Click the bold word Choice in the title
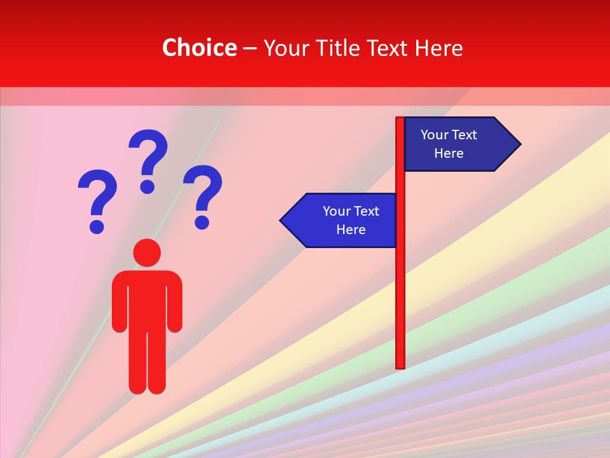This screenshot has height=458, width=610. pos(199,48)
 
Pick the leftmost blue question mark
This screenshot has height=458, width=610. pos(97,197)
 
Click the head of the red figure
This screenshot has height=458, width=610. pos(147,253)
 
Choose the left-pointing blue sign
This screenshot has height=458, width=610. pos(343,221)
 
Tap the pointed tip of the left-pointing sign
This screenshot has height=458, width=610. pos(282,221)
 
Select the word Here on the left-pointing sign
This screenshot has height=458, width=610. pos(351,230)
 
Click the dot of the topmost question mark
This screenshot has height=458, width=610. pos(148,186)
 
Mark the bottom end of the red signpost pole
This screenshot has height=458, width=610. pos(400,366)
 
